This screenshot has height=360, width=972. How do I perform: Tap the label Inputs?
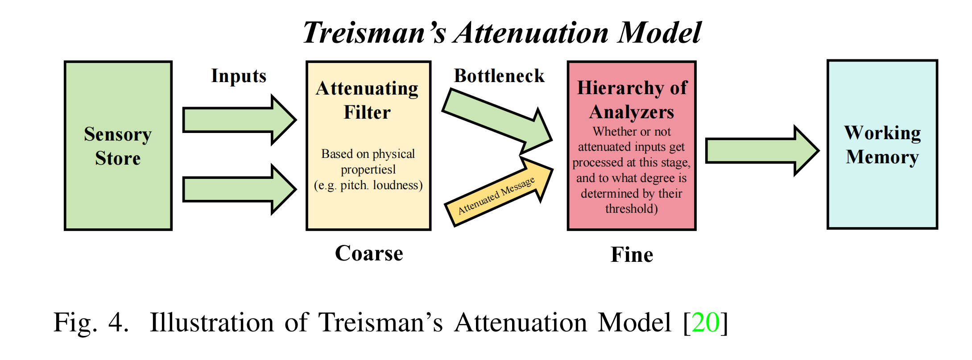(239, 76)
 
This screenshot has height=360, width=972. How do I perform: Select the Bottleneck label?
(499, 76)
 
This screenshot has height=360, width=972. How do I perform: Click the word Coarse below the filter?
(369, 253)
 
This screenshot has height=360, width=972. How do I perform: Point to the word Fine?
(632, 255)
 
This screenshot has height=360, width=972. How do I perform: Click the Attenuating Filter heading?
(367, 100)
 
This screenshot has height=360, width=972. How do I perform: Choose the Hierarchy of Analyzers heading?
(632, 99)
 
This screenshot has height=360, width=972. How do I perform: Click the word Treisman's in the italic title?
(374, 33)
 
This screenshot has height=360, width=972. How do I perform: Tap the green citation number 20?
(705, 322)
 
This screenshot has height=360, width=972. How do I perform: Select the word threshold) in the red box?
(631, 209)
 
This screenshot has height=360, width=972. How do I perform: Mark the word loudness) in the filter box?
(397, 185)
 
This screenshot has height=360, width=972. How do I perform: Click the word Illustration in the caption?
(211, 322)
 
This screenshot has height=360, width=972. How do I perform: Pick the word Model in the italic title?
(659, 33)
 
